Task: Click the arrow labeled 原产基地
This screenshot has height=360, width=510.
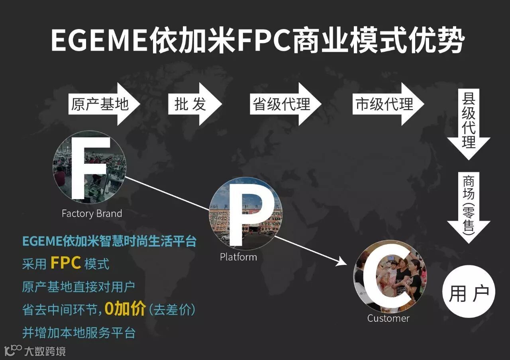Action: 102,104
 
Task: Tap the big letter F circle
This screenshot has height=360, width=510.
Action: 89,168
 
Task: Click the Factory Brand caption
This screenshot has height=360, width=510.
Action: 92,214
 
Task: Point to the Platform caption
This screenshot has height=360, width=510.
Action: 238,257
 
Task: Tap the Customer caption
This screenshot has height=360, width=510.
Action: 388,319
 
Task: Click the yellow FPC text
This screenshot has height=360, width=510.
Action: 66,263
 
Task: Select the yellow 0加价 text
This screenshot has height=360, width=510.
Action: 125,309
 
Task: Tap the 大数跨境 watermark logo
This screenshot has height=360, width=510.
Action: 35,351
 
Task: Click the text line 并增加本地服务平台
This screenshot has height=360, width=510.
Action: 79,333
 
